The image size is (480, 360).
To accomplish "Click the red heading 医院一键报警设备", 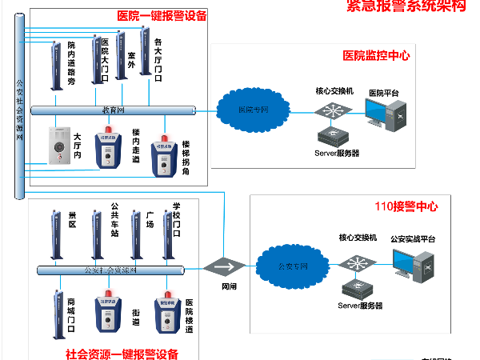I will tap(162, 15).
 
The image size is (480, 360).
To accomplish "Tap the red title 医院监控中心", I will tap(376, 55).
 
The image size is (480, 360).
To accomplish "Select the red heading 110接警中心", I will tap(406, 206).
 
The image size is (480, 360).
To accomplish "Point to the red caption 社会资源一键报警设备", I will tap(122, 353).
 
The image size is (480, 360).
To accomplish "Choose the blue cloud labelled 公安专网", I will tap(291, 265).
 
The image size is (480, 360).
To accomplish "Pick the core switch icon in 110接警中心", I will tap(356, 262).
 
